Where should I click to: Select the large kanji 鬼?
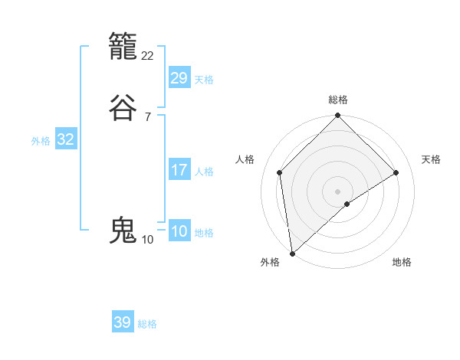pos(124,230)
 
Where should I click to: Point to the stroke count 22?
pos(148,55)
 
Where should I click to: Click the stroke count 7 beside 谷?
pos(147,116)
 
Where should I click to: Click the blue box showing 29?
pos(179,78)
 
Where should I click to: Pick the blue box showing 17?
pos(179,170)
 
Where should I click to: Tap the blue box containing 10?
pos(179,231)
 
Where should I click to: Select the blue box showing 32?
pos(65,139)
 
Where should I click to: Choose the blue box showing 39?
pos(123,322)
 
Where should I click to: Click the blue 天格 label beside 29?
pos(204,80)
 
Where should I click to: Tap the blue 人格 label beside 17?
pos(204,172)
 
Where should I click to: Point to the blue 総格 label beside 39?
pos(147,324)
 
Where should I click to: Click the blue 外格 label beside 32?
pos(41,141)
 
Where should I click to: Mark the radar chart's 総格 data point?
pos(337,116)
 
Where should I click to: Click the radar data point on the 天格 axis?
pos(396,172)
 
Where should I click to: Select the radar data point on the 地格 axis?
pos(347,204)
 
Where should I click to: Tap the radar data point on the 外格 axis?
pos(291,253)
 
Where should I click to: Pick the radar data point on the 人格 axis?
pos(280,172)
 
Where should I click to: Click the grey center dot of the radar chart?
pos(337,191)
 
